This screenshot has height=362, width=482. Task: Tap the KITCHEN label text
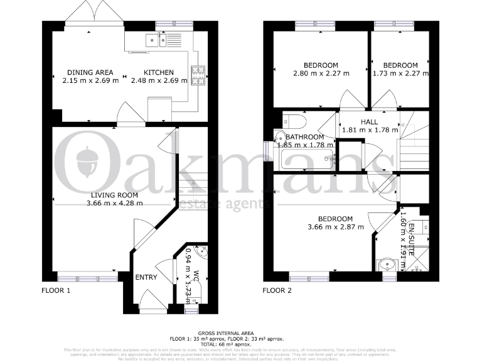pos(159,72)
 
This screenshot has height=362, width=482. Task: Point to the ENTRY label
pos(146,277)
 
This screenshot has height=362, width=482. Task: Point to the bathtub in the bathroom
pos(308,157)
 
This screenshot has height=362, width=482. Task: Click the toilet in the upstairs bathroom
pos(294,120)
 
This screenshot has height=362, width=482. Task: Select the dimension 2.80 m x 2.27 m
pos(321,73)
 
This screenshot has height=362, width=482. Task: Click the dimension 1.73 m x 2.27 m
pos(400,73)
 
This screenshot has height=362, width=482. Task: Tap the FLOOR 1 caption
pos(56,291)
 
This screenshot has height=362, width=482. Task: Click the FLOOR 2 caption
pos(277,291)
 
